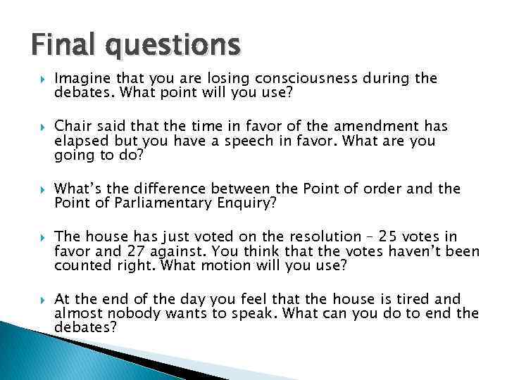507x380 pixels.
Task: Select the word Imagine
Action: (x=79, y=78)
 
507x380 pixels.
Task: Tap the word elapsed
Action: (x=78, y=141)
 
